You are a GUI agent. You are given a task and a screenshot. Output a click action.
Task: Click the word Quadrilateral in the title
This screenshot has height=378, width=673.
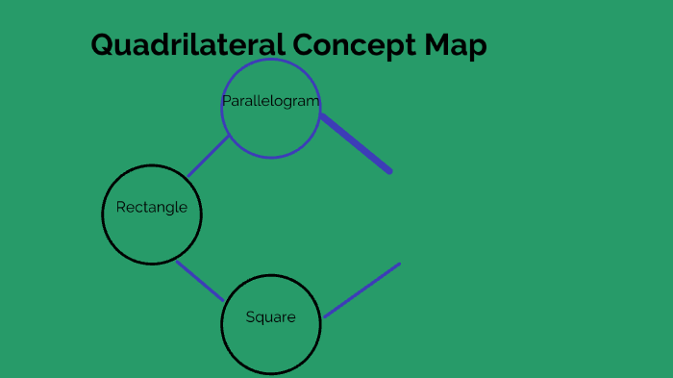[188, 45]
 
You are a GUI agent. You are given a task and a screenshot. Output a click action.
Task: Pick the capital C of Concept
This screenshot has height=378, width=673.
[306, 45]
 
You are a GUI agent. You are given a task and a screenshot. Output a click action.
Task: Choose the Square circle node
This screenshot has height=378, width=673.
[270, 341]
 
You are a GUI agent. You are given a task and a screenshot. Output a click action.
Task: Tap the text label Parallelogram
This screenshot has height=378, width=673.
[270, 101]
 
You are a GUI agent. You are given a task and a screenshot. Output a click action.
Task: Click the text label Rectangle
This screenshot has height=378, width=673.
[152, 207]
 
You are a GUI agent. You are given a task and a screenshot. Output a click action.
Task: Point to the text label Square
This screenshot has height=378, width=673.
[270, 317]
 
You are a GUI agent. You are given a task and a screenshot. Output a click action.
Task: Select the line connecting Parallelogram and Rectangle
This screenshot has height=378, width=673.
[209, 156]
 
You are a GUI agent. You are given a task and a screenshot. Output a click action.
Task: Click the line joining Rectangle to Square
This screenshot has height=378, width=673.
[200, 280]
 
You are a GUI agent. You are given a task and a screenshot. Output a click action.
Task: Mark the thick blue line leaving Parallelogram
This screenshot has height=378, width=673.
[356, 143]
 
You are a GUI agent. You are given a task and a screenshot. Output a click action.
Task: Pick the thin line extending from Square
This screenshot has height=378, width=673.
[361, 290]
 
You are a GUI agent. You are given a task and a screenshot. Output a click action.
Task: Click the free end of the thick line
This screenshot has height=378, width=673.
[389, 171]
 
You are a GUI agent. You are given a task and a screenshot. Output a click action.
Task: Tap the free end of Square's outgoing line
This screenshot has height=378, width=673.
[399, 264]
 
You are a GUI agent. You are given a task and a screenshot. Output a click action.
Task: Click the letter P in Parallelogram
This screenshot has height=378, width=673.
[226, 101]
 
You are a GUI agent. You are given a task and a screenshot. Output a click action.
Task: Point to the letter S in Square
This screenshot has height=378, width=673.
[250, 317]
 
